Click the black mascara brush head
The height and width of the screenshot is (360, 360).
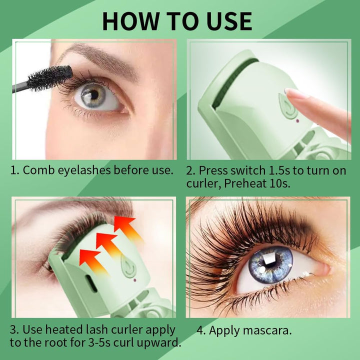[x=50, y=78]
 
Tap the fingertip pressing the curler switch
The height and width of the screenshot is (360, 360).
[x=292, y=93]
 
